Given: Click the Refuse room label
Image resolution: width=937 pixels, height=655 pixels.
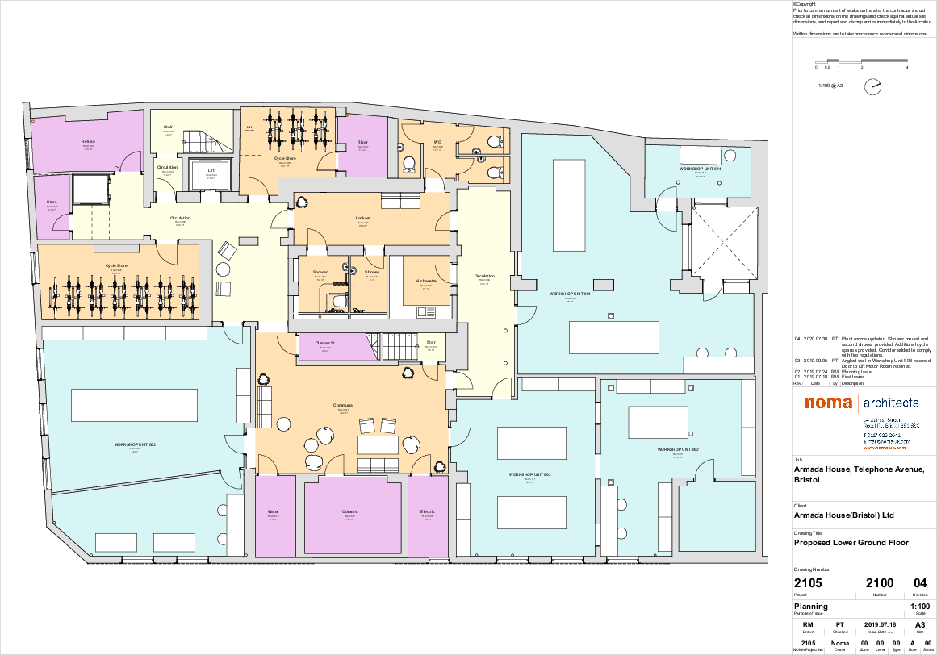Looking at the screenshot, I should [x=88, y=141].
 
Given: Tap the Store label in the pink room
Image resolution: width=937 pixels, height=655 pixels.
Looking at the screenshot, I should [x=52, y=202].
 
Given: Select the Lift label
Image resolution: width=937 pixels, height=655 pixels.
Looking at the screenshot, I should [x=211, y=170].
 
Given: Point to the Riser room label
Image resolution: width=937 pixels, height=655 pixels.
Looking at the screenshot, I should [x=362, y=143].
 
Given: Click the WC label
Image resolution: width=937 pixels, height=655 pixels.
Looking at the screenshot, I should [x=437, y=143].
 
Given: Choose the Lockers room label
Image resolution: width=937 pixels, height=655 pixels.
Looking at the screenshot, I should [x=362, y=218].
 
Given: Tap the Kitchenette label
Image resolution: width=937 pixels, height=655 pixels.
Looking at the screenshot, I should [x=426, y=281].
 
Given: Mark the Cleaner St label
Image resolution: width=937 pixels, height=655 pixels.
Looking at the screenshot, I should [x=325, y=343].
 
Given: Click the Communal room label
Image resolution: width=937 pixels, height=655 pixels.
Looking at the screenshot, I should [x=343, y=405].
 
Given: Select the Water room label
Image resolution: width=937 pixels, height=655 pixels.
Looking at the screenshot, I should [x=273, y=511].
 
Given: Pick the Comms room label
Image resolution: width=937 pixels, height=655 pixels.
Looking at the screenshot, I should [x=349, y=511].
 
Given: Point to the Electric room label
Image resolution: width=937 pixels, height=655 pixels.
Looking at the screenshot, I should [x=428, y=511].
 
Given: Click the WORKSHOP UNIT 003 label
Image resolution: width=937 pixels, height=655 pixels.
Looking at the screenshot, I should [x=135, y=444].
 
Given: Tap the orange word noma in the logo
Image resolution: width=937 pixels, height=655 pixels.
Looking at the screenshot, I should [x=830, y=403].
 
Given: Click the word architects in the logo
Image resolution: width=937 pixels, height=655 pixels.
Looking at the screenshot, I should [x=891, y=403].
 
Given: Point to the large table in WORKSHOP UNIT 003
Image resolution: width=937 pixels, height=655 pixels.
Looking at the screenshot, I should [x=134, y=405].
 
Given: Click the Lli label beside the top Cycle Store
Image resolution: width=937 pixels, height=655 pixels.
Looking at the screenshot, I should [x=249, y=127].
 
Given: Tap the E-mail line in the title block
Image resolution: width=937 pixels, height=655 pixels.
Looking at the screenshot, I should [x=885, y=441].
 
